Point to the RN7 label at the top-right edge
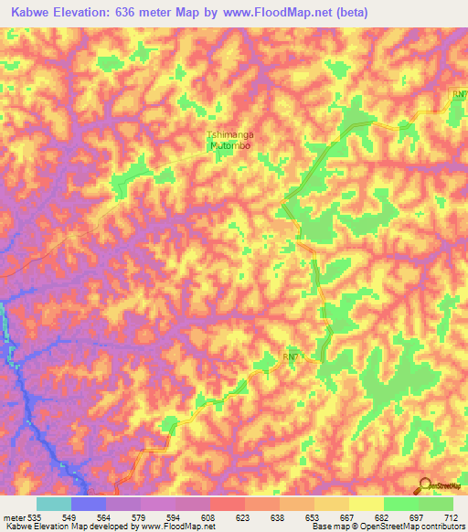pyautogui.click(x=460, y=94)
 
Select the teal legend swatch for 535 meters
pyautogui.click(x=53, y=504)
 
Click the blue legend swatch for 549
pyautogui.click(x=88, y=504)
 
